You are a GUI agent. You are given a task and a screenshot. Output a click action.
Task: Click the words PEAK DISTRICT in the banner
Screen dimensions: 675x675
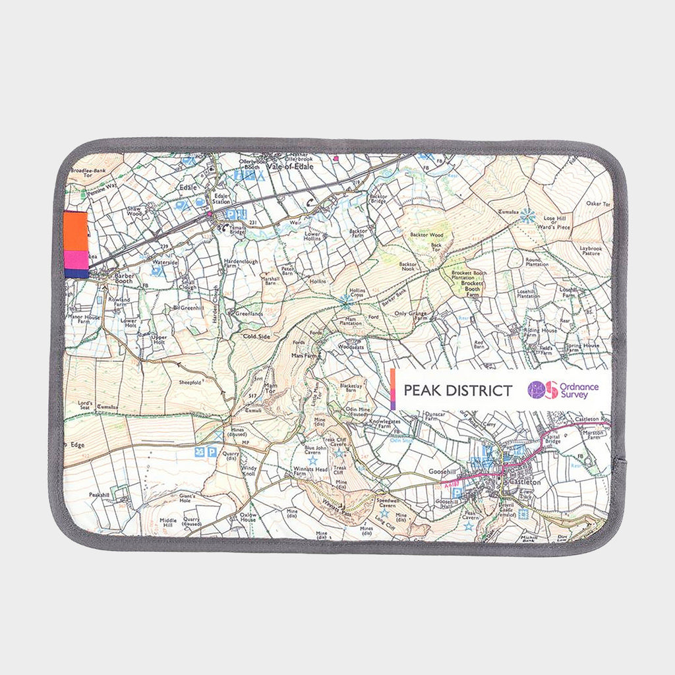(x=457, y=390)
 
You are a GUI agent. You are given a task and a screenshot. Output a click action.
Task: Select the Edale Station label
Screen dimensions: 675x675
(x=220, y=197)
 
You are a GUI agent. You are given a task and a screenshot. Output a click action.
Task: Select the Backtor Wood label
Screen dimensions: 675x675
(x=426, y=235)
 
